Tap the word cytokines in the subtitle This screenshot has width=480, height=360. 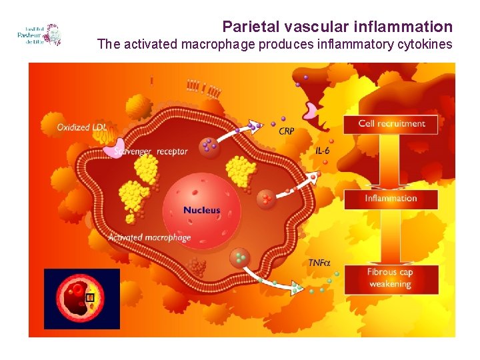(x=424, y=45)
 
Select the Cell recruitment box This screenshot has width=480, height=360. (x=391, y=123)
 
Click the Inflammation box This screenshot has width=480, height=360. (x=391, y=199)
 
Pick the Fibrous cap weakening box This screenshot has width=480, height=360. (x=391, y=279)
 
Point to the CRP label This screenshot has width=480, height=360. (x=286, y=131)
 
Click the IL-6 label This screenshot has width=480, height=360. (x=323, y=151)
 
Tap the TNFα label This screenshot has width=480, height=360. (x=319, y=263)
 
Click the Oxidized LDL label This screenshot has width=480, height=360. (x=82, y=127)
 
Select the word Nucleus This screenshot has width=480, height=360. (x=201, y=210)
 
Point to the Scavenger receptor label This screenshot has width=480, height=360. (x=151, y=151)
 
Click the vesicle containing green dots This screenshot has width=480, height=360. (x=239, y=257)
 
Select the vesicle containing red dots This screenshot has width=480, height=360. (x=267, y=198)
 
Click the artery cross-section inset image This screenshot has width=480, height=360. (x=82, y=299)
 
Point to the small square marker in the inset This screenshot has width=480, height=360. (x=91, y=297)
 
